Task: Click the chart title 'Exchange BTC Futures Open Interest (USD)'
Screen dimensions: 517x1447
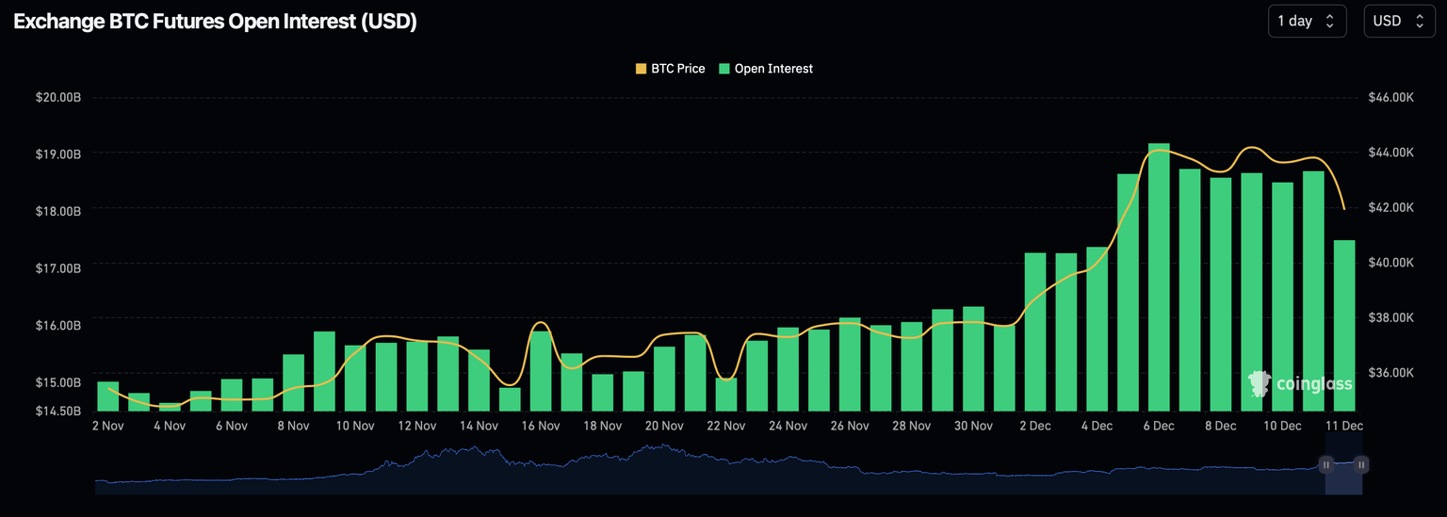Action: [215, 22]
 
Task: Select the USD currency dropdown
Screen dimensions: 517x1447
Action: [1399, 21]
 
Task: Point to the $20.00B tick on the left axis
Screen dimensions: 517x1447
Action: [57, 97]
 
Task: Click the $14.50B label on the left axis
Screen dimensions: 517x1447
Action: [57, 412]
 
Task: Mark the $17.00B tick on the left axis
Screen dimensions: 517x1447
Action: [57, 268]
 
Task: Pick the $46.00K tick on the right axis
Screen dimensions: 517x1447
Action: [1390, 97]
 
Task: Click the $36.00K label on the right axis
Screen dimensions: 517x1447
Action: [1390, 372]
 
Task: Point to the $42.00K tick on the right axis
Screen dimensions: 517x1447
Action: [1390, 207]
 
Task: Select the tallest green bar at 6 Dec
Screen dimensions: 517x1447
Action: [1159, 278]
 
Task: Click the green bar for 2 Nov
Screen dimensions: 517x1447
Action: [108, 396]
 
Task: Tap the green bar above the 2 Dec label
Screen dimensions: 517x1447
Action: [1035, 331]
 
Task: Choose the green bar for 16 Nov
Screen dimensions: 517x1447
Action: [541, 371]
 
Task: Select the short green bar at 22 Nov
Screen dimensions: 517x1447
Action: [726, 395]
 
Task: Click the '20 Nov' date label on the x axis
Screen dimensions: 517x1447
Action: [664, 426]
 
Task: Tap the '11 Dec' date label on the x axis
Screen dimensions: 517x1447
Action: [1343, 426]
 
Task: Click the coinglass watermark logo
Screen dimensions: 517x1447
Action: [1300, 383]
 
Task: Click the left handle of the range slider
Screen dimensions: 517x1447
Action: [1325, 464]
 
